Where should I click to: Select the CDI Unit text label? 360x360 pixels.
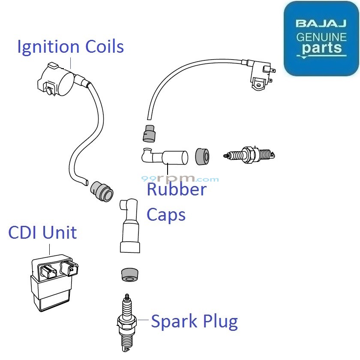pyautogui.click(x=42, y=233)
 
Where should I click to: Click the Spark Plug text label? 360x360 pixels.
pyautogui.click(x=194, y=321)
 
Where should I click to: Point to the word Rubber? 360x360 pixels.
pyautogui.click(x=176, y=189)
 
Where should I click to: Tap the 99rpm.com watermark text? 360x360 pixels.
pyautogui.click(x=180, y=179)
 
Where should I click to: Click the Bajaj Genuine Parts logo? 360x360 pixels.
pyautogui.click(x=321, y=39)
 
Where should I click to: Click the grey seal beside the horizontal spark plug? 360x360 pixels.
pyautogui.click(x=202, y=156)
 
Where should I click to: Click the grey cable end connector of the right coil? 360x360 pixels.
pyautogui.click(x=148, y=132)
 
